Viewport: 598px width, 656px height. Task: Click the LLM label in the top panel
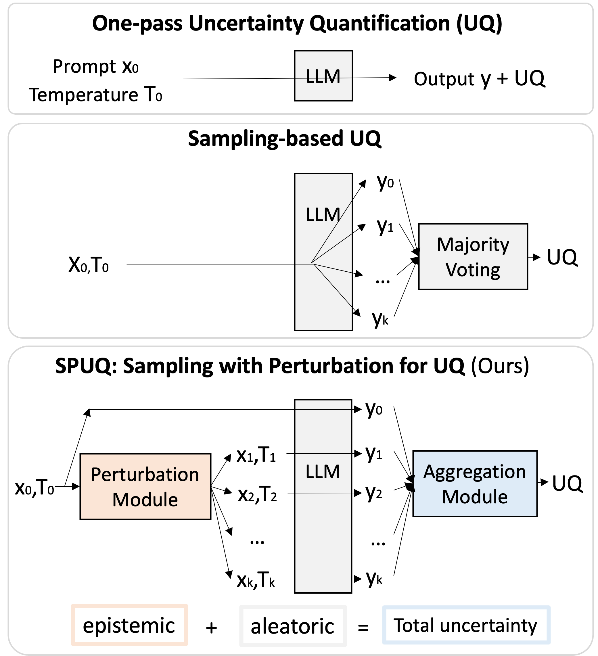coord(323,76)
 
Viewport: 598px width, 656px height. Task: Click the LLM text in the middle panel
coord(323,215)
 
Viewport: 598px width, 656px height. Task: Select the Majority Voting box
coord(473,256)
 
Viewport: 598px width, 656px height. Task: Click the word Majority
coord(473,245)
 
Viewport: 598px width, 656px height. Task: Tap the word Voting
coord(473,270)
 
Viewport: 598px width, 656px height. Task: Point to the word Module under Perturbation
coord(145,500)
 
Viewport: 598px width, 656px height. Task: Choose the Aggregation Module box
coord(475,484)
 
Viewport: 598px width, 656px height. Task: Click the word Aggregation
coord(475,471)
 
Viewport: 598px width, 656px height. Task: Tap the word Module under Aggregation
coord(475,497)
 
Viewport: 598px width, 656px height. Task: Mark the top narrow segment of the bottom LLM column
coord(323,404)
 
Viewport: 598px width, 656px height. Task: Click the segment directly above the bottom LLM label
coord(323,431)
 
